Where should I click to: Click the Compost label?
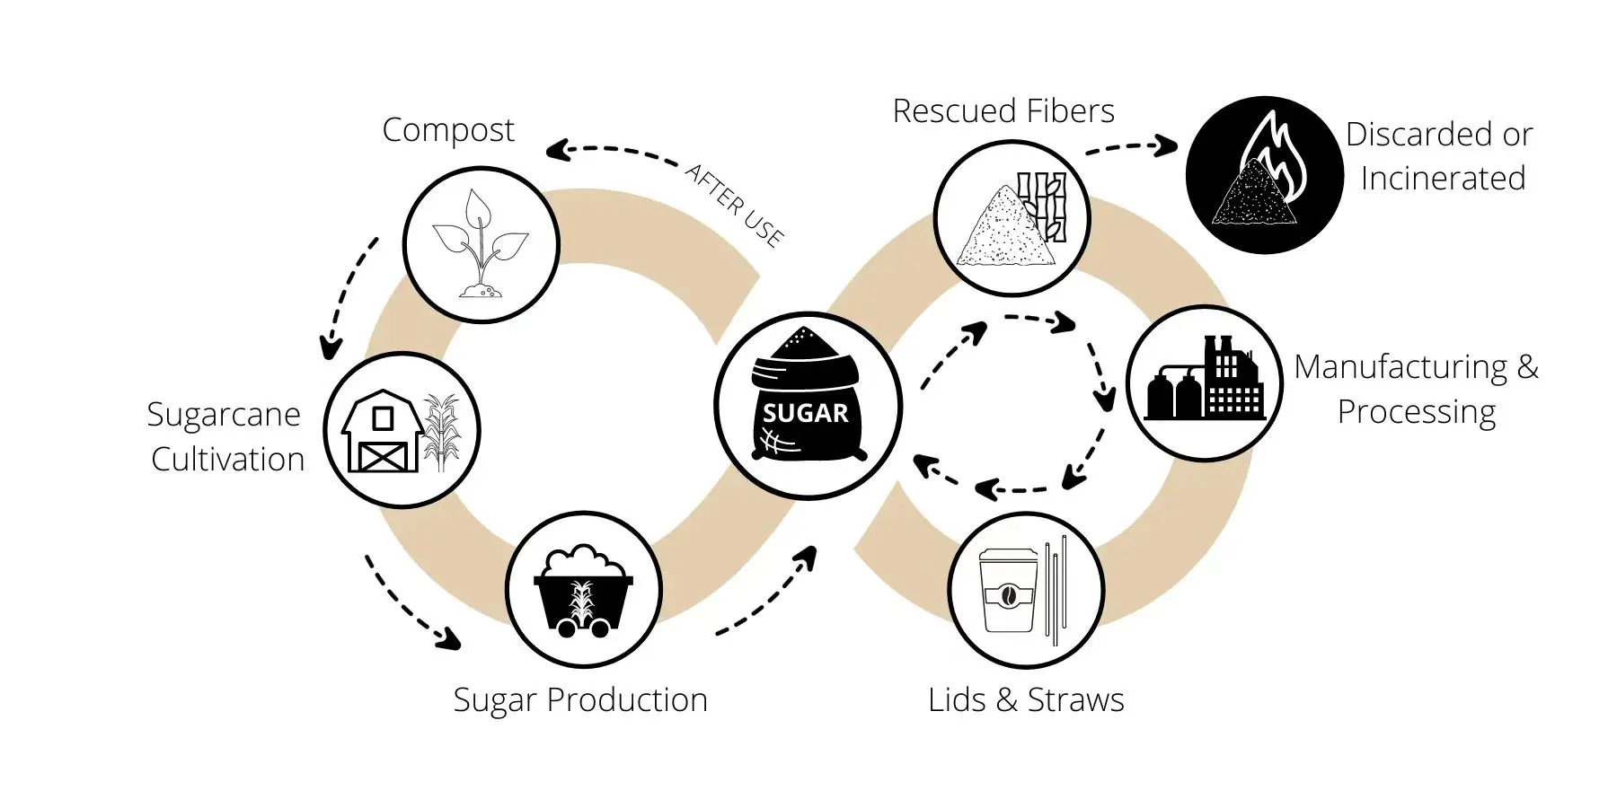(x=447, y=131)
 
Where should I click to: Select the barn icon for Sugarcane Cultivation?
(x=382, y=432)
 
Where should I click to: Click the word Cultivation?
(x=227, y=460)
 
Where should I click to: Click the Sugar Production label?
(x=580, y=700)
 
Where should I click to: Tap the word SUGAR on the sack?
(x=805, y=413)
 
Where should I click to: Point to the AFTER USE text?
(x=735, y=204)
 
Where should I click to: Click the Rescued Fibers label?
(x=1003, y=111)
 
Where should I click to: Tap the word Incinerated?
(x=1443, y=179)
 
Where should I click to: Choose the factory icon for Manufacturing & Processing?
(x=1205, y=382)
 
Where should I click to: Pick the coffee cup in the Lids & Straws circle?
(x=1008, y=590)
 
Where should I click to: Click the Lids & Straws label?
(x=1026, y=700)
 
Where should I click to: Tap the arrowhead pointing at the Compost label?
(x=557, y=151)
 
